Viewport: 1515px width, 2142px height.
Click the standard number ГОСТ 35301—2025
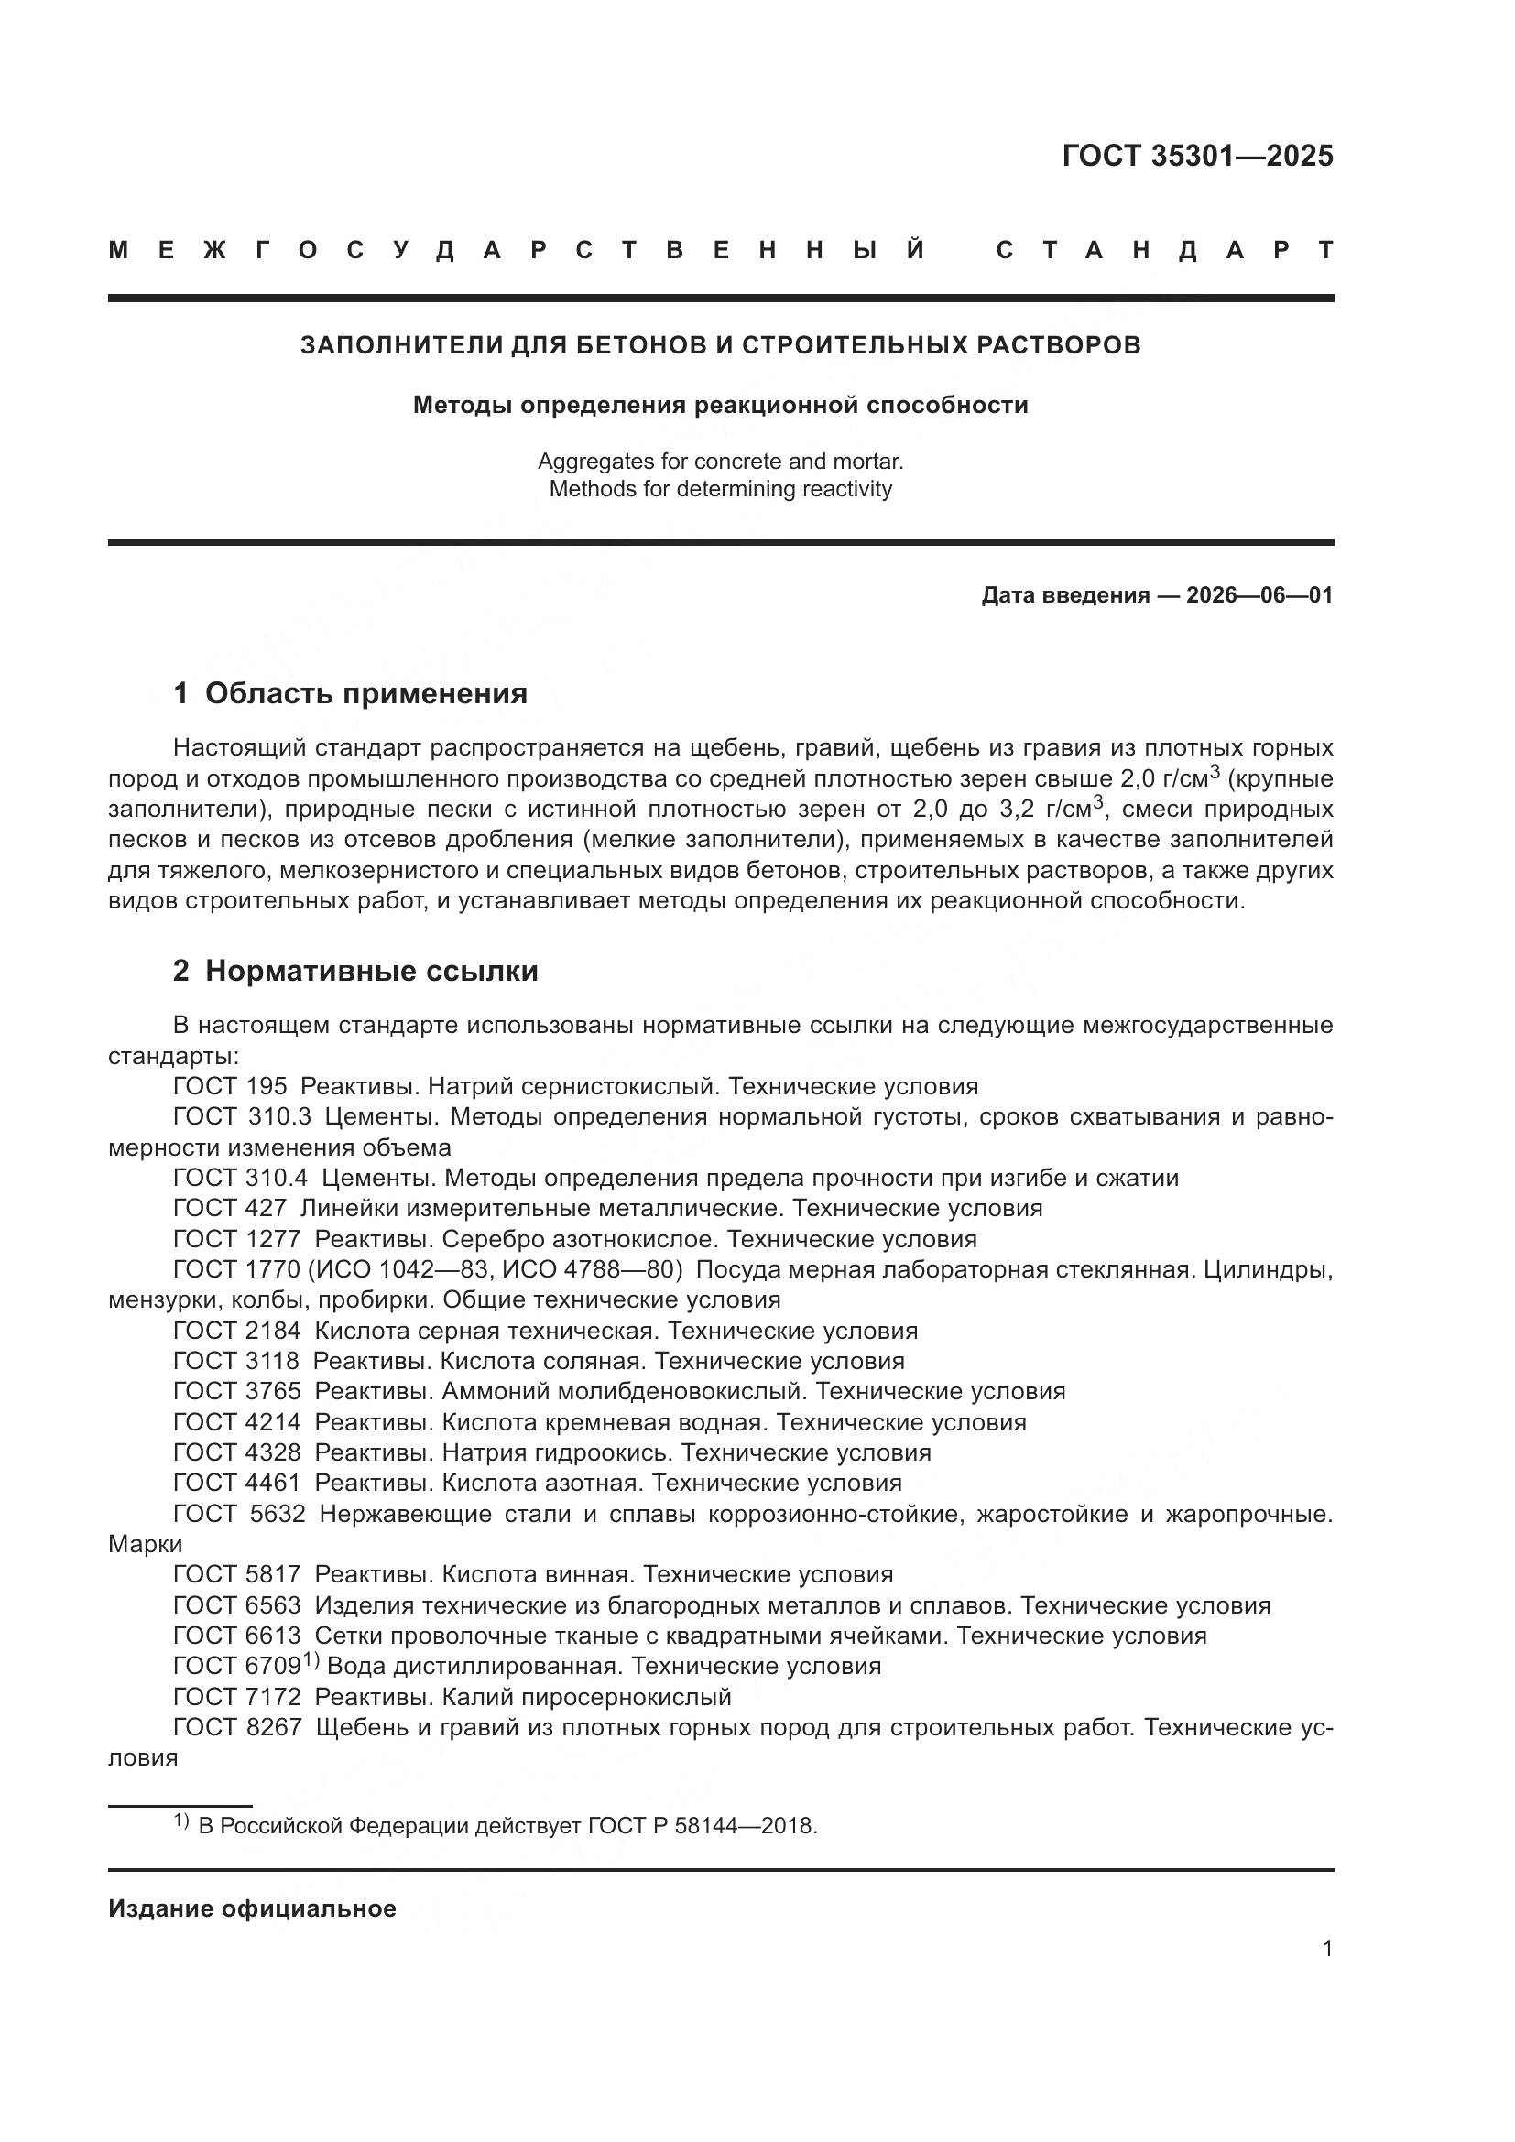1197,156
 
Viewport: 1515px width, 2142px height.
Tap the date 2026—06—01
1259,595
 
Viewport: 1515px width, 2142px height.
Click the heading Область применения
365,693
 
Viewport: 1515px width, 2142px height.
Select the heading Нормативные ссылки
371,971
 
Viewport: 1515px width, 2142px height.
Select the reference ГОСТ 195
230,1086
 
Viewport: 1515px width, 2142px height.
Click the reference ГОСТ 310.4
240,1178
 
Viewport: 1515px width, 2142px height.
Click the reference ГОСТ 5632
239,1513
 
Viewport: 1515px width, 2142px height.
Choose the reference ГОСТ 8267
237,1727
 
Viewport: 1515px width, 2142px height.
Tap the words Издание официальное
252,1908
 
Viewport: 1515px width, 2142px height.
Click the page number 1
1326,1948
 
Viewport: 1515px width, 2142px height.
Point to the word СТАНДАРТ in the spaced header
1165,250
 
